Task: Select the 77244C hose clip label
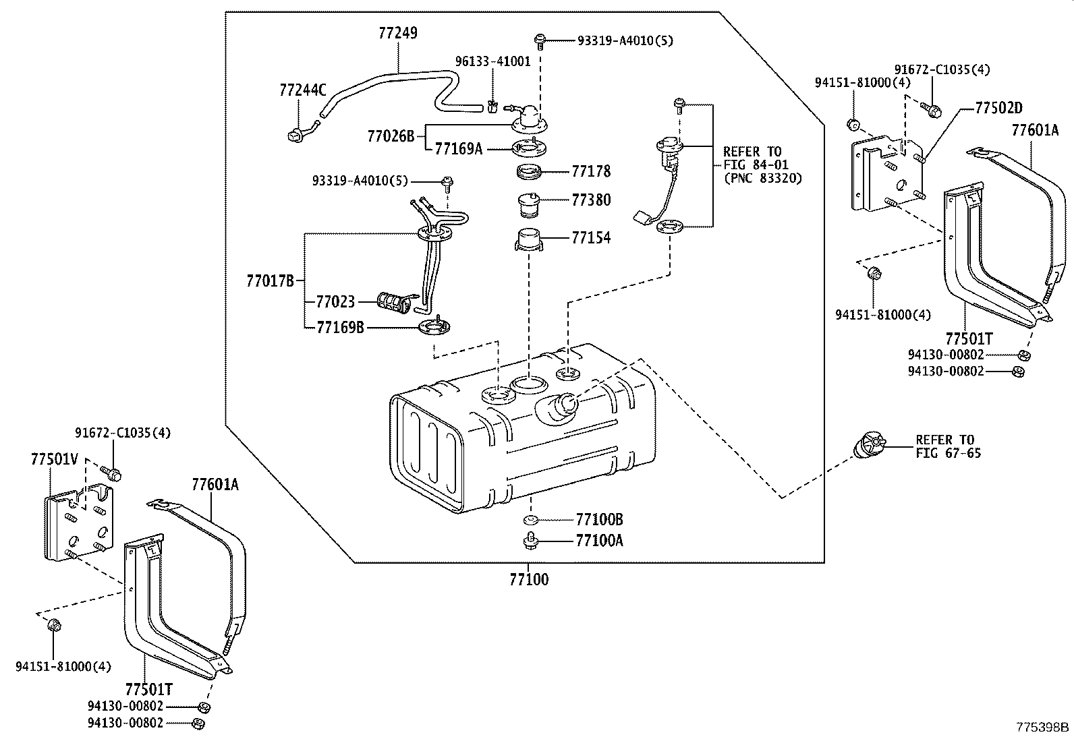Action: coord(302,90)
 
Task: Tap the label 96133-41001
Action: coord(492,61)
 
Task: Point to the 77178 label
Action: coord(591,172)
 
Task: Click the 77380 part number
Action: coord(591,200)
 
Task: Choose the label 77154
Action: coord(591,238)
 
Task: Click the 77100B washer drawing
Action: coord(530,520)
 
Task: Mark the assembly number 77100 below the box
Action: coord(529,579)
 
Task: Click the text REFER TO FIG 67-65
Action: coord(948,447)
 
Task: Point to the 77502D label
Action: coord(998,108)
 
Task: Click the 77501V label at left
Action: coord(55,460)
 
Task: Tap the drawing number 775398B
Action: coord(1043,728)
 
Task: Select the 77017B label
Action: coord(270,281)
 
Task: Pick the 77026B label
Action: coord(391,137)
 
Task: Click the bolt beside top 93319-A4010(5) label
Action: coord(540,40)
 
